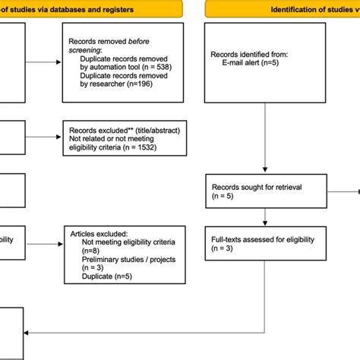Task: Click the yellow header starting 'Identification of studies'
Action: (304, 9)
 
